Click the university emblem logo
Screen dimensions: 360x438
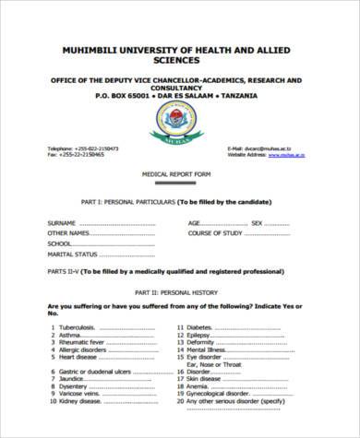click(x=177, y=119)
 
